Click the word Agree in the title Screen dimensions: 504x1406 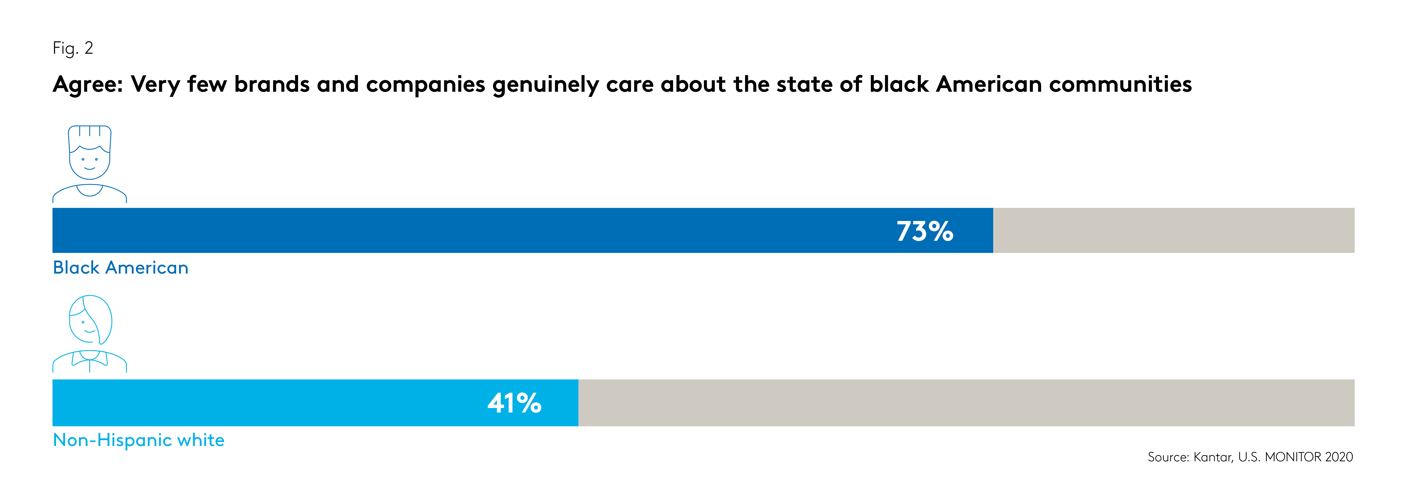click(x=87, y=85)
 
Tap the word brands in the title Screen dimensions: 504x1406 click(x=272, y=85)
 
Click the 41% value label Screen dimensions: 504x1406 click(x=514, y=404)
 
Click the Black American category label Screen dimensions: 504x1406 click(x=121, y=268)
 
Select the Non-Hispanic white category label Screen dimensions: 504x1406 click(x=139, y=440)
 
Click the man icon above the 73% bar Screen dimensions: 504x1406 click(x=90, y=164)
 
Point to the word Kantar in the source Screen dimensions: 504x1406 click(x=1213, y=457)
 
